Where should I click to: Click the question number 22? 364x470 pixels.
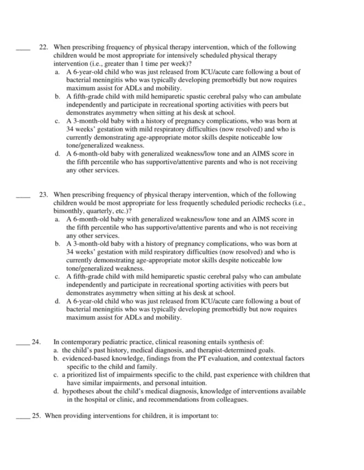[42, 47]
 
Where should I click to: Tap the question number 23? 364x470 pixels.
[42, 195]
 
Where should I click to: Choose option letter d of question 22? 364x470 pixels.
[56, 154]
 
